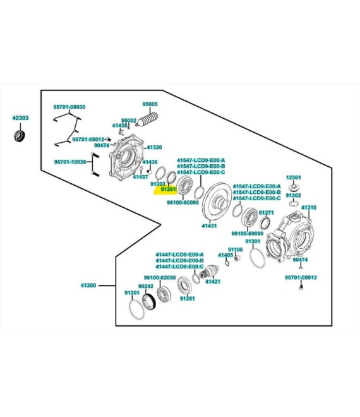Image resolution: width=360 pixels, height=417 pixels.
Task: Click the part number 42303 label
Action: click(x=20, y=118)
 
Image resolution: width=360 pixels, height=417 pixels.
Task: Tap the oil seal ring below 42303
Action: click(x=20, y=136)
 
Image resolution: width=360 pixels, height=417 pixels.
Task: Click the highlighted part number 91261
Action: click(x=167, y=189)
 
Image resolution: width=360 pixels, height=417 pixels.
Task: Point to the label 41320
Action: click(x=155, y=147)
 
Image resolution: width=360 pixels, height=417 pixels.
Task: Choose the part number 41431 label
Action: click(x=210, y=226)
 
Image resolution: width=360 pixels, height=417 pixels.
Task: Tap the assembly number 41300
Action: click(x=88, y=286)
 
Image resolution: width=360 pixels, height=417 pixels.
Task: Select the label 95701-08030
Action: click(x=69, y=107)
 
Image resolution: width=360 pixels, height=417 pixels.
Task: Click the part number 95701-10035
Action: click(x=69, y=161)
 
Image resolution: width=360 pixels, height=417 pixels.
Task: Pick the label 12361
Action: click(x=293, y=178)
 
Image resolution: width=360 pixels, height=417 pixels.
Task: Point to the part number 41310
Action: click(x=308, y=207)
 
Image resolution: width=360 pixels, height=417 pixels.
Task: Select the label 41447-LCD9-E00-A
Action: click(x=180, y=254)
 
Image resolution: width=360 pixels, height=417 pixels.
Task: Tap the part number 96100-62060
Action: click(x=159, y=277)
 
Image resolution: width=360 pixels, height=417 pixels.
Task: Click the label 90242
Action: click(x=146, y=286)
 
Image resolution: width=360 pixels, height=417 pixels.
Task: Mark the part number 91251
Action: click(x=187, y=298)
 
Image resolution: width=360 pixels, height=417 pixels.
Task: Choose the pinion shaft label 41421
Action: click(x=213, y=281)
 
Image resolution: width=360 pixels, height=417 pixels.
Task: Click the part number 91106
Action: click(x=235, y=250)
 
